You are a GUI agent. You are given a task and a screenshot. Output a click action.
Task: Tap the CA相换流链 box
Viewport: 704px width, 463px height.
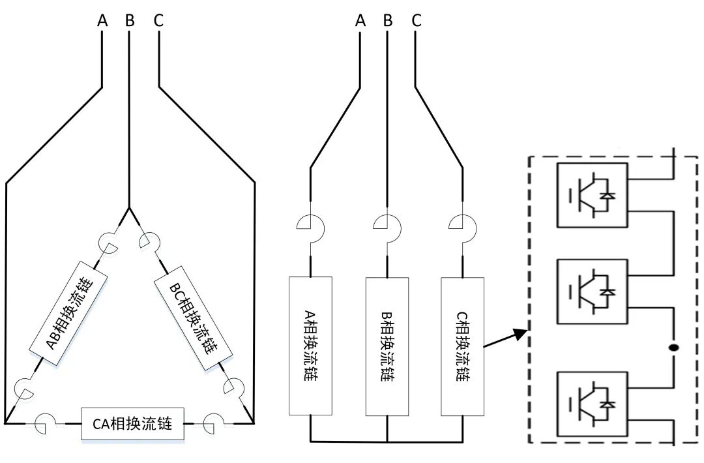point(132,423)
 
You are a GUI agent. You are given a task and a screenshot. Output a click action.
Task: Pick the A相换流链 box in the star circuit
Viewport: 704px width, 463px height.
point(310,346)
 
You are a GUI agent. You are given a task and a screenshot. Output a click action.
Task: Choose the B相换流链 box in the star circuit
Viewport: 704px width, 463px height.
point(387,346)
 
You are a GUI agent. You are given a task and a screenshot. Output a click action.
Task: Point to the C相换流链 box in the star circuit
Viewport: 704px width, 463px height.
point(463,346)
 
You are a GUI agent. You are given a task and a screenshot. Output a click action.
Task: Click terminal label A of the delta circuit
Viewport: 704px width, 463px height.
point(102,21)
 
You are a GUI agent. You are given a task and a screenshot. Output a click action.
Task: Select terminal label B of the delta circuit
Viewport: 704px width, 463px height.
point(130,21)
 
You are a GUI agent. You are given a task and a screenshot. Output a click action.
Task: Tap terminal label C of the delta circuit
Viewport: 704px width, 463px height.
point(158,21)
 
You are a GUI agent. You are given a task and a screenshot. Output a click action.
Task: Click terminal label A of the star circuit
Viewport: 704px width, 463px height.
point(360,21)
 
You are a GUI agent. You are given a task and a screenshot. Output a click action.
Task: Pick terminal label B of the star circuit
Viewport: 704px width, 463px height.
point(388,21)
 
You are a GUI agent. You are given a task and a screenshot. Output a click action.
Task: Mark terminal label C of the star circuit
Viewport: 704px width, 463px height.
point(417,21)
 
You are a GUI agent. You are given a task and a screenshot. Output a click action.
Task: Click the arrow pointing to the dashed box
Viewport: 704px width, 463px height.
point(505,338)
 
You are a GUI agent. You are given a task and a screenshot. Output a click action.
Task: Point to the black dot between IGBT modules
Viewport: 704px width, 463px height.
point(674,348)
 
